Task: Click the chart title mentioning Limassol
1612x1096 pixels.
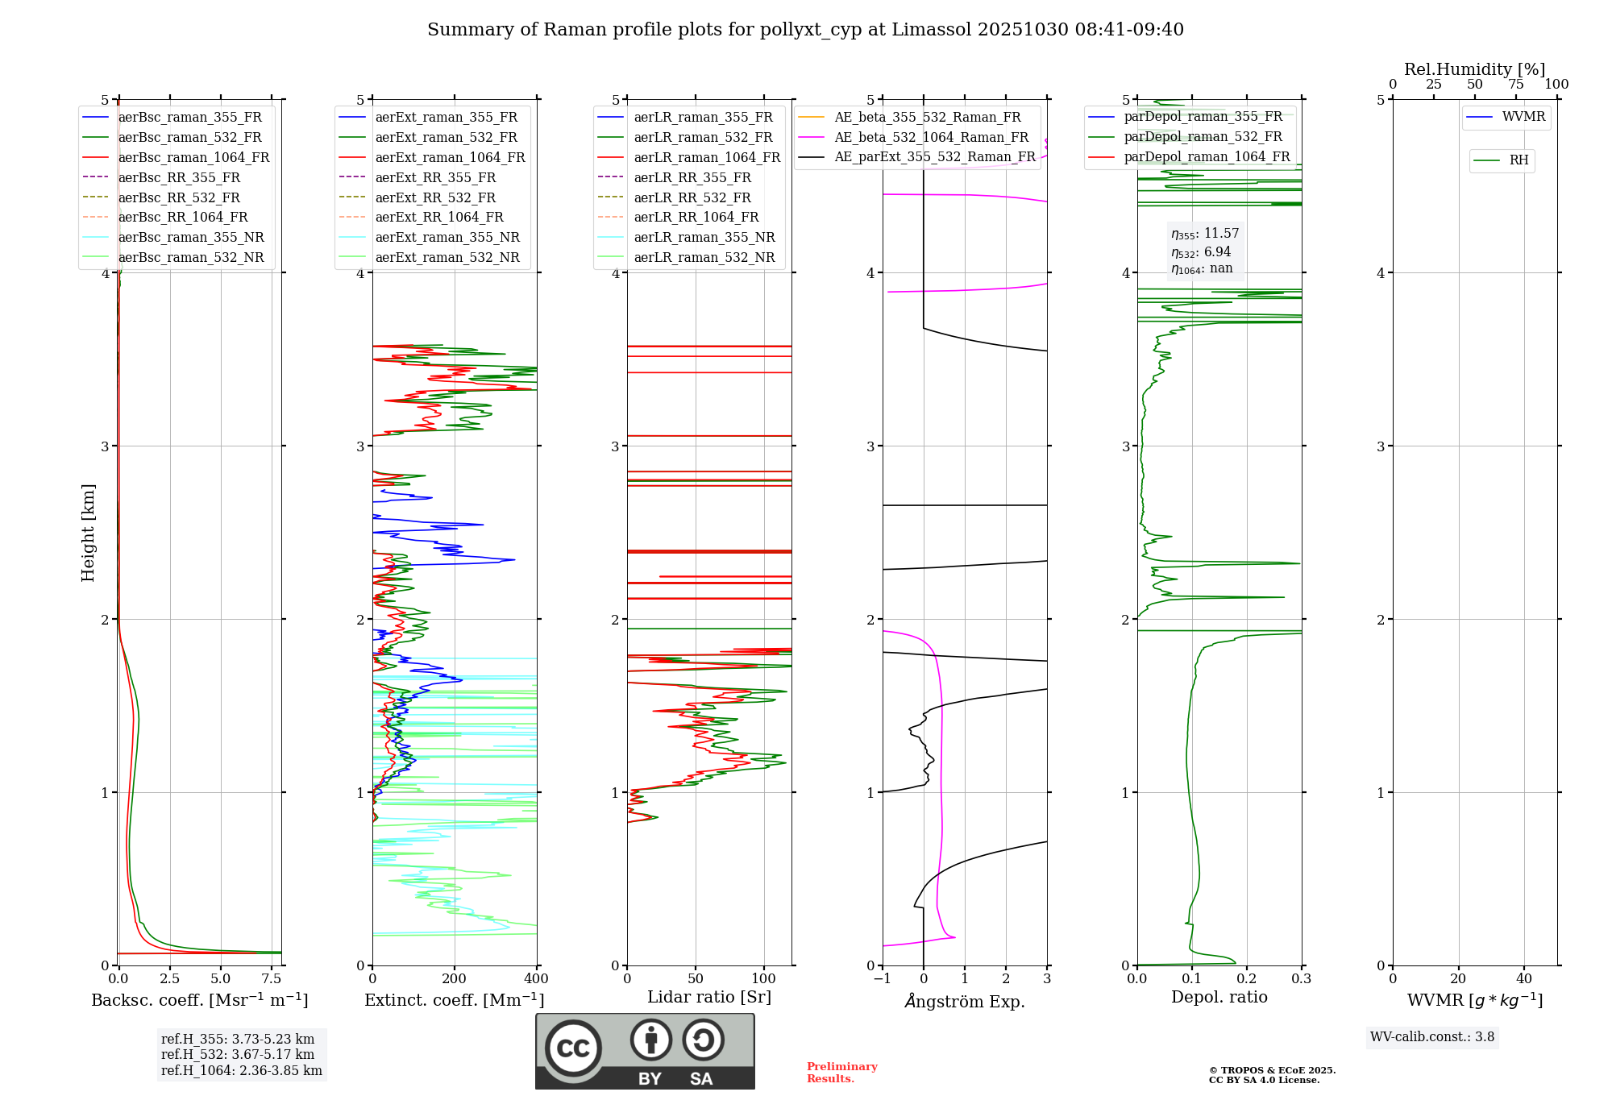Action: click(x=805, y=30)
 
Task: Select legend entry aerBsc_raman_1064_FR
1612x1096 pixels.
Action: click(x=193, y=157)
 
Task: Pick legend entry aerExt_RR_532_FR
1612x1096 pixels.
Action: click(x=435, y=197)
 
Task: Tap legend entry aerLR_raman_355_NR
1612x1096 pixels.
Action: click(x=704, y=237)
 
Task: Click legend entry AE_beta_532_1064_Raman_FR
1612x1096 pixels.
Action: click(x=931, y=137)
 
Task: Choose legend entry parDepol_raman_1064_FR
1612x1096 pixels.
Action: click(x=1207, y=156)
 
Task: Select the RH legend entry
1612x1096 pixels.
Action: click(x=1519, y=160)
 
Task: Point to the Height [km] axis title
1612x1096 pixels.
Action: click(x=88, y=532)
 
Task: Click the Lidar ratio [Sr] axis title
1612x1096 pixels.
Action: click(x=708, y=997)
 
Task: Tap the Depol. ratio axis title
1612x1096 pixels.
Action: click(x=1219, y=997)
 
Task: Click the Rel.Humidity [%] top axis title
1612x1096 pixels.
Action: click(x=1474, y=69)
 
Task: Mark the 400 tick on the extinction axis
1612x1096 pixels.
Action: click(x=536, y=978)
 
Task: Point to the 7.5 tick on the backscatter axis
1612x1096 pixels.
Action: click(x=272, y=978)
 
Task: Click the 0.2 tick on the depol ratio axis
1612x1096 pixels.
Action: click(x=1246, y=978)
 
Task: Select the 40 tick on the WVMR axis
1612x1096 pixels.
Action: click(x=1523, y=978)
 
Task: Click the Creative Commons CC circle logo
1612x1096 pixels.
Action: click(x=573, y=1048)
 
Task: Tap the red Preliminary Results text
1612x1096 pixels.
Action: click(x=841, y=1072)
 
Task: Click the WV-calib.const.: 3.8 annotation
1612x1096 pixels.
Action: click(x=1431, y=1036)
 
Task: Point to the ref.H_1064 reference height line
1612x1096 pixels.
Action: click(x=241, y=1070)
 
